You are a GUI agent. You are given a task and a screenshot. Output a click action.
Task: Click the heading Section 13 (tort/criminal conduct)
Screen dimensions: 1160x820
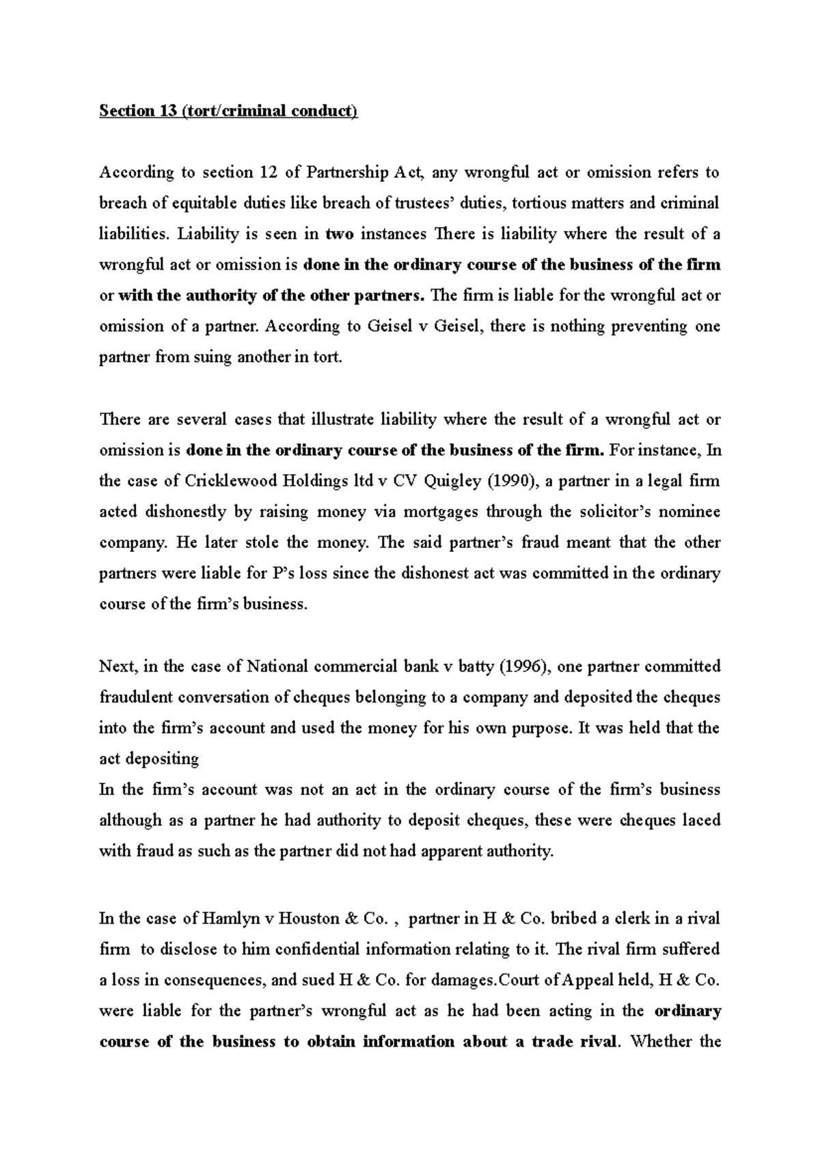[228, 111]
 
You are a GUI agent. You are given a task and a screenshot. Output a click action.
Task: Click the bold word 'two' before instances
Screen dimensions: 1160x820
[339, 234]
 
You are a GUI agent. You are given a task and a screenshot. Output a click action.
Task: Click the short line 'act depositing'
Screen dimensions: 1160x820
[149, 759]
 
